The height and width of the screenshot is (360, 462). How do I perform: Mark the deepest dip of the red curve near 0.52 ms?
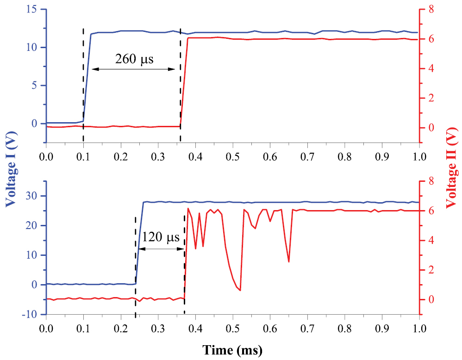(x=240, y=290)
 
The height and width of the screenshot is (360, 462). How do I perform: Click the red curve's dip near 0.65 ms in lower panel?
(x=289, y=261)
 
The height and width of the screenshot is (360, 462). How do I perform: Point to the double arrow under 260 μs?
(x=134, y=69)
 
